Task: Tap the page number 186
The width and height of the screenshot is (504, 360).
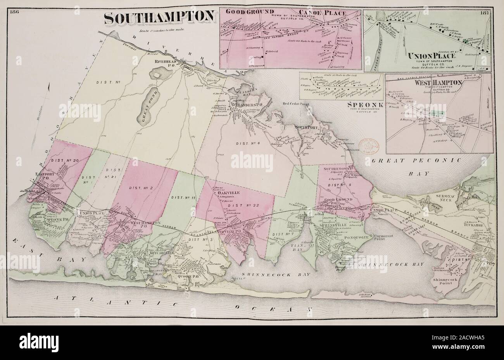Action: tap(16, 10)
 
